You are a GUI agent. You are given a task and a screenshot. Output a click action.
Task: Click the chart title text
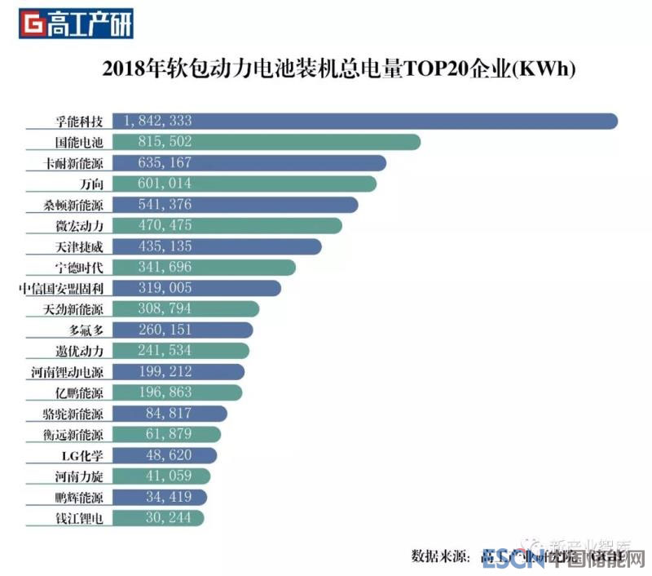tap(339, 69)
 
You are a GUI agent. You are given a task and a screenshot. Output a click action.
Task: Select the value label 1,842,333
tap(158, 121)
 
